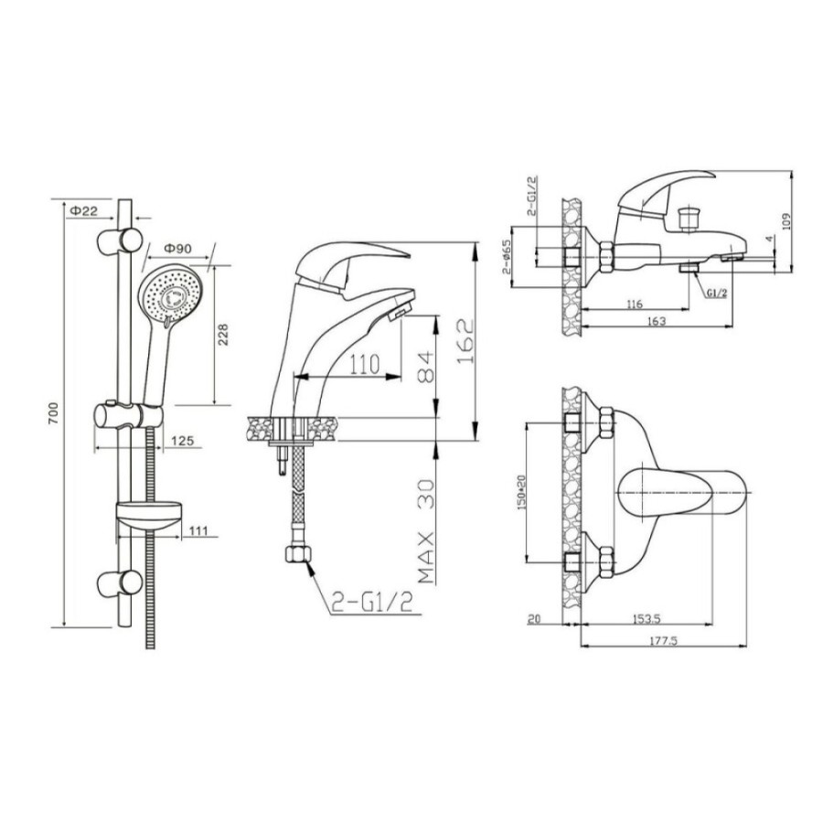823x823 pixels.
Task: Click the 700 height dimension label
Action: (x=54, y=413)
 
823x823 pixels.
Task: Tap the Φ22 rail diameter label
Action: (x=84, y=211)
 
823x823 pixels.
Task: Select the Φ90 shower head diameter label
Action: (x=178, y=248)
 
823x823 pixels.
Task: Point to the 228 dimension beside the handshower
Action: (x=223, y=335)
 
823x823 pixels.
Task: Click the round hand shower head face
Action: (x=171, y=293)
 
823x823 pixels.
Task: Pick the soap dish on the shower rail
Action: (x=149, y=516)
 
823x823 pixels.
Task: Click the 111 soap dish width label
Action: (x=198, y=530)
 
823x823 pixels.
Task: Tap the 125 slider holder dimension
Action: (x=183, y=441)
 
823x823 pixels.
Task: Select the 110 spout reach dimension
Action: (x=365, y=364)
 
